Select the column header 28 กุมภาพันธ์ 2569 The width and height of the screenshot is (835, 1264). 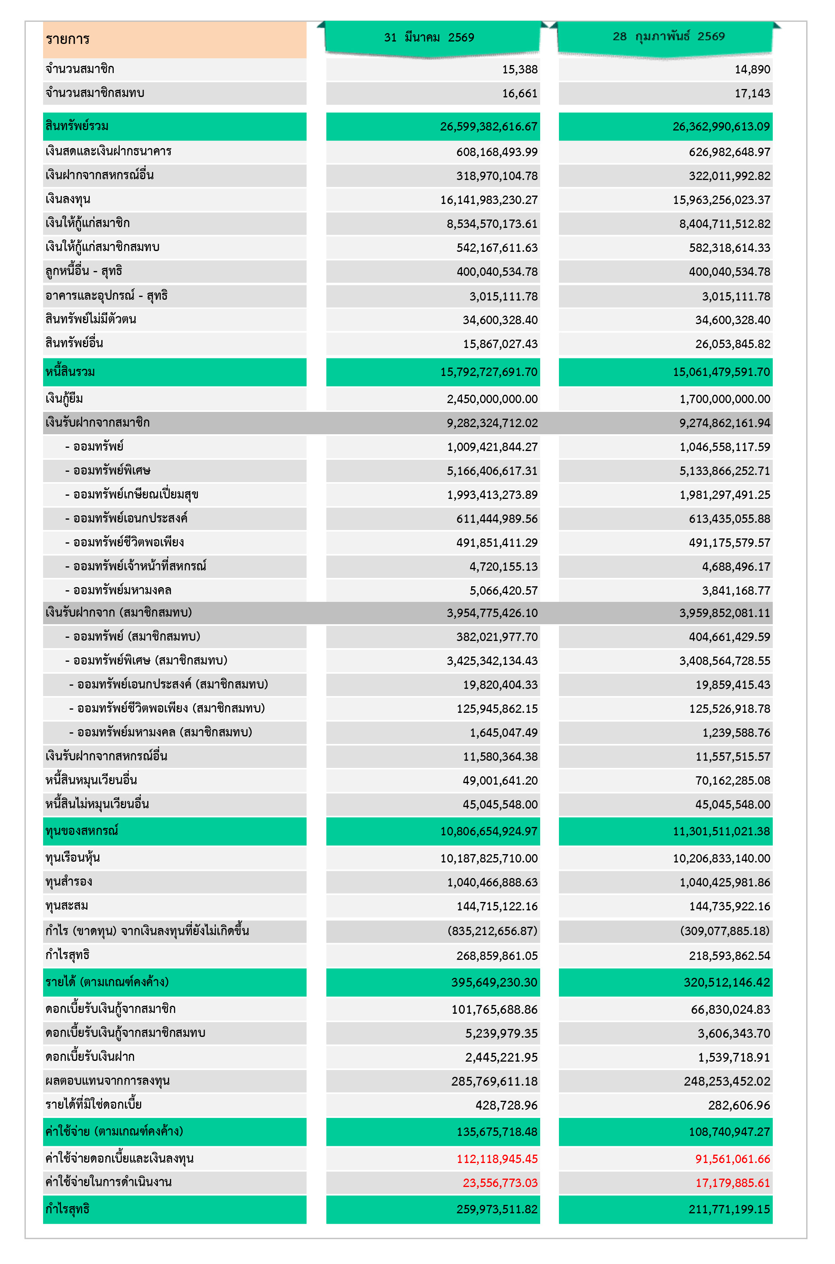point(668,36)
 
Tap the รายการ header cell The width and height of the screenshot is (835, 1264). point(68,39)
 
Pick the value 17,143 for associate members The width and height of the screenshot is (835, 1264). point(752,94)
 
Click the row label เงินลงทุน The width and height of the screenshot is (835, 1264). point(68,199)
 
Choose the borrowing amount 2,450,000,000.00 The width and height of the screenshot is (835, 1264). point(492,399)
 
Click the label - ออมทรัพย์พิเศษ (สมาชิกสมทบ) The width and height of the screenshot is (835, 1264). point(146,661)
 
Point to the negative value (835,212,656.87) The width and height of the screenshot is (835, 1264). point(492,931)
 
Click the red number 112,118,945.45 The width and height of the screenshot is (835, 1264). point(496,1159)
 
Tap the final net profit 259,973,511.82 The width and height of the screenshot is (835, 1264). point(496,1209)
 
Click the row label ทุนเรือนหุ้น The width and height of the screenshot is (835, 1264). point(73,858)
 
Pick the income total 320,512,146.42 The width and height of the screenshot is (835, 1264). point(726,982)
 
